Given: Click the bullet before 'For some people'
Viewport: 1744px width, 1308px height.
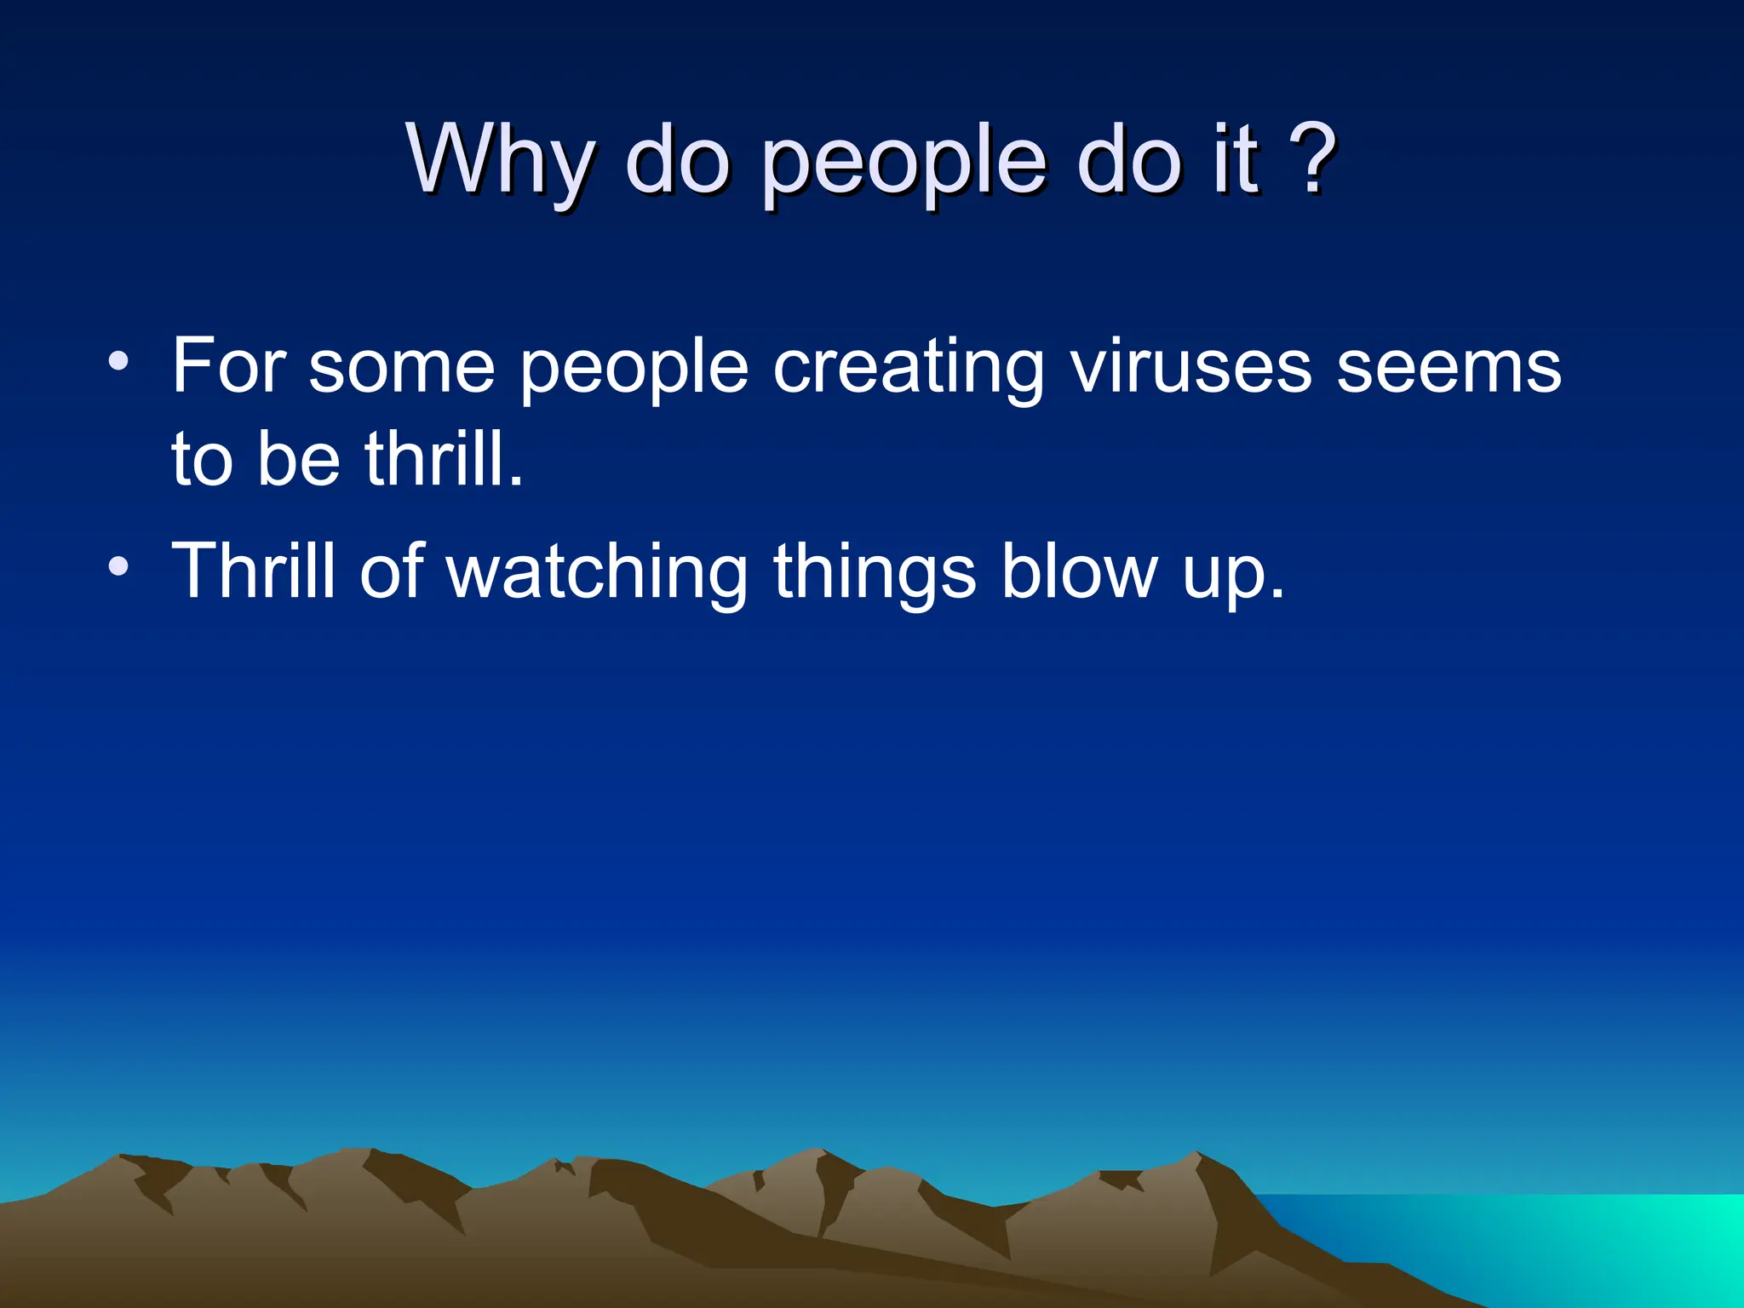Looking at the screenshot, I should [119, 361].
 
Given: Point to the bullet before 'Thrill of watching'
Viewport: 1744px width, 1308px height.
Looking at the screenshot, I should [119, 565].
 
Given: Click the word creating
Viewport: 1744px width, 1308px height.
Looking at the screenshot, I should [908, 368].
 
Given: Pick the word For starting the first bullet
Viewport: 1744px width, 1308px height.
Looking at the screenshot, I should [228, 366].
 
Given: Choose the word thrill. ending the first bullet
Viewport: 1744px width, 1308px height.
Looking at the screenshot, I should [443, 460].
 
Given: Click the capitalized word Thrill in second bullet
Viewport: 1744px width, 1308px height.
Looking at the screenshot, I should [254, 571].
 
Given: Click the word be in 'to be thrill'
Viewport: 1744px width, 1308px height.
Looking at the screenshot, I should [298, 460].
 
